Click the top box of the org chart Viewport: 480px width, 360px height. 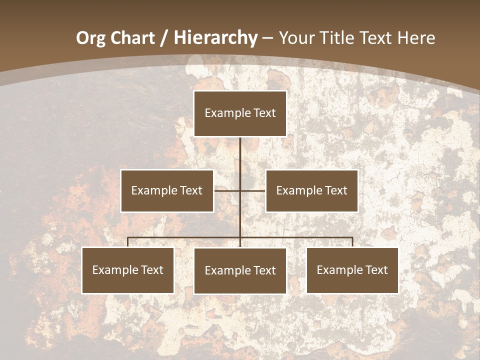point(240,113)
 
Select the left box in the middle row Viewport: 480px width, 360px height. point(167,190)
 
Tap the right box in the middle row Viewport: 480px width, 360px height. point(311,190)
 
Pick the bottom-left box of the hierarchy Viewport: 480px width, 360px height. point(128,270)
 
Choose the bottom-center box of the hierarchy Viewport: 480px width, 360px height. point(240,270)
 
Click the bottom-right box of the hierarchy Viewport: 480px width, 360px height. point(352,270)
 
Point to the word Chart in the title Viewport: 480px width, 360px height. point(132,38)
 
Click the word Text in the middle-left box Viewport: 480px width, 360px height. point(190,190)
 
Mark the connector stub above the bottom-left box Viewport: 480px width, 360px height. point(128,242)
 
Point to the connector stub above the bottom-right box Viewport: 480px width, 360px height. point(352,242)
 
